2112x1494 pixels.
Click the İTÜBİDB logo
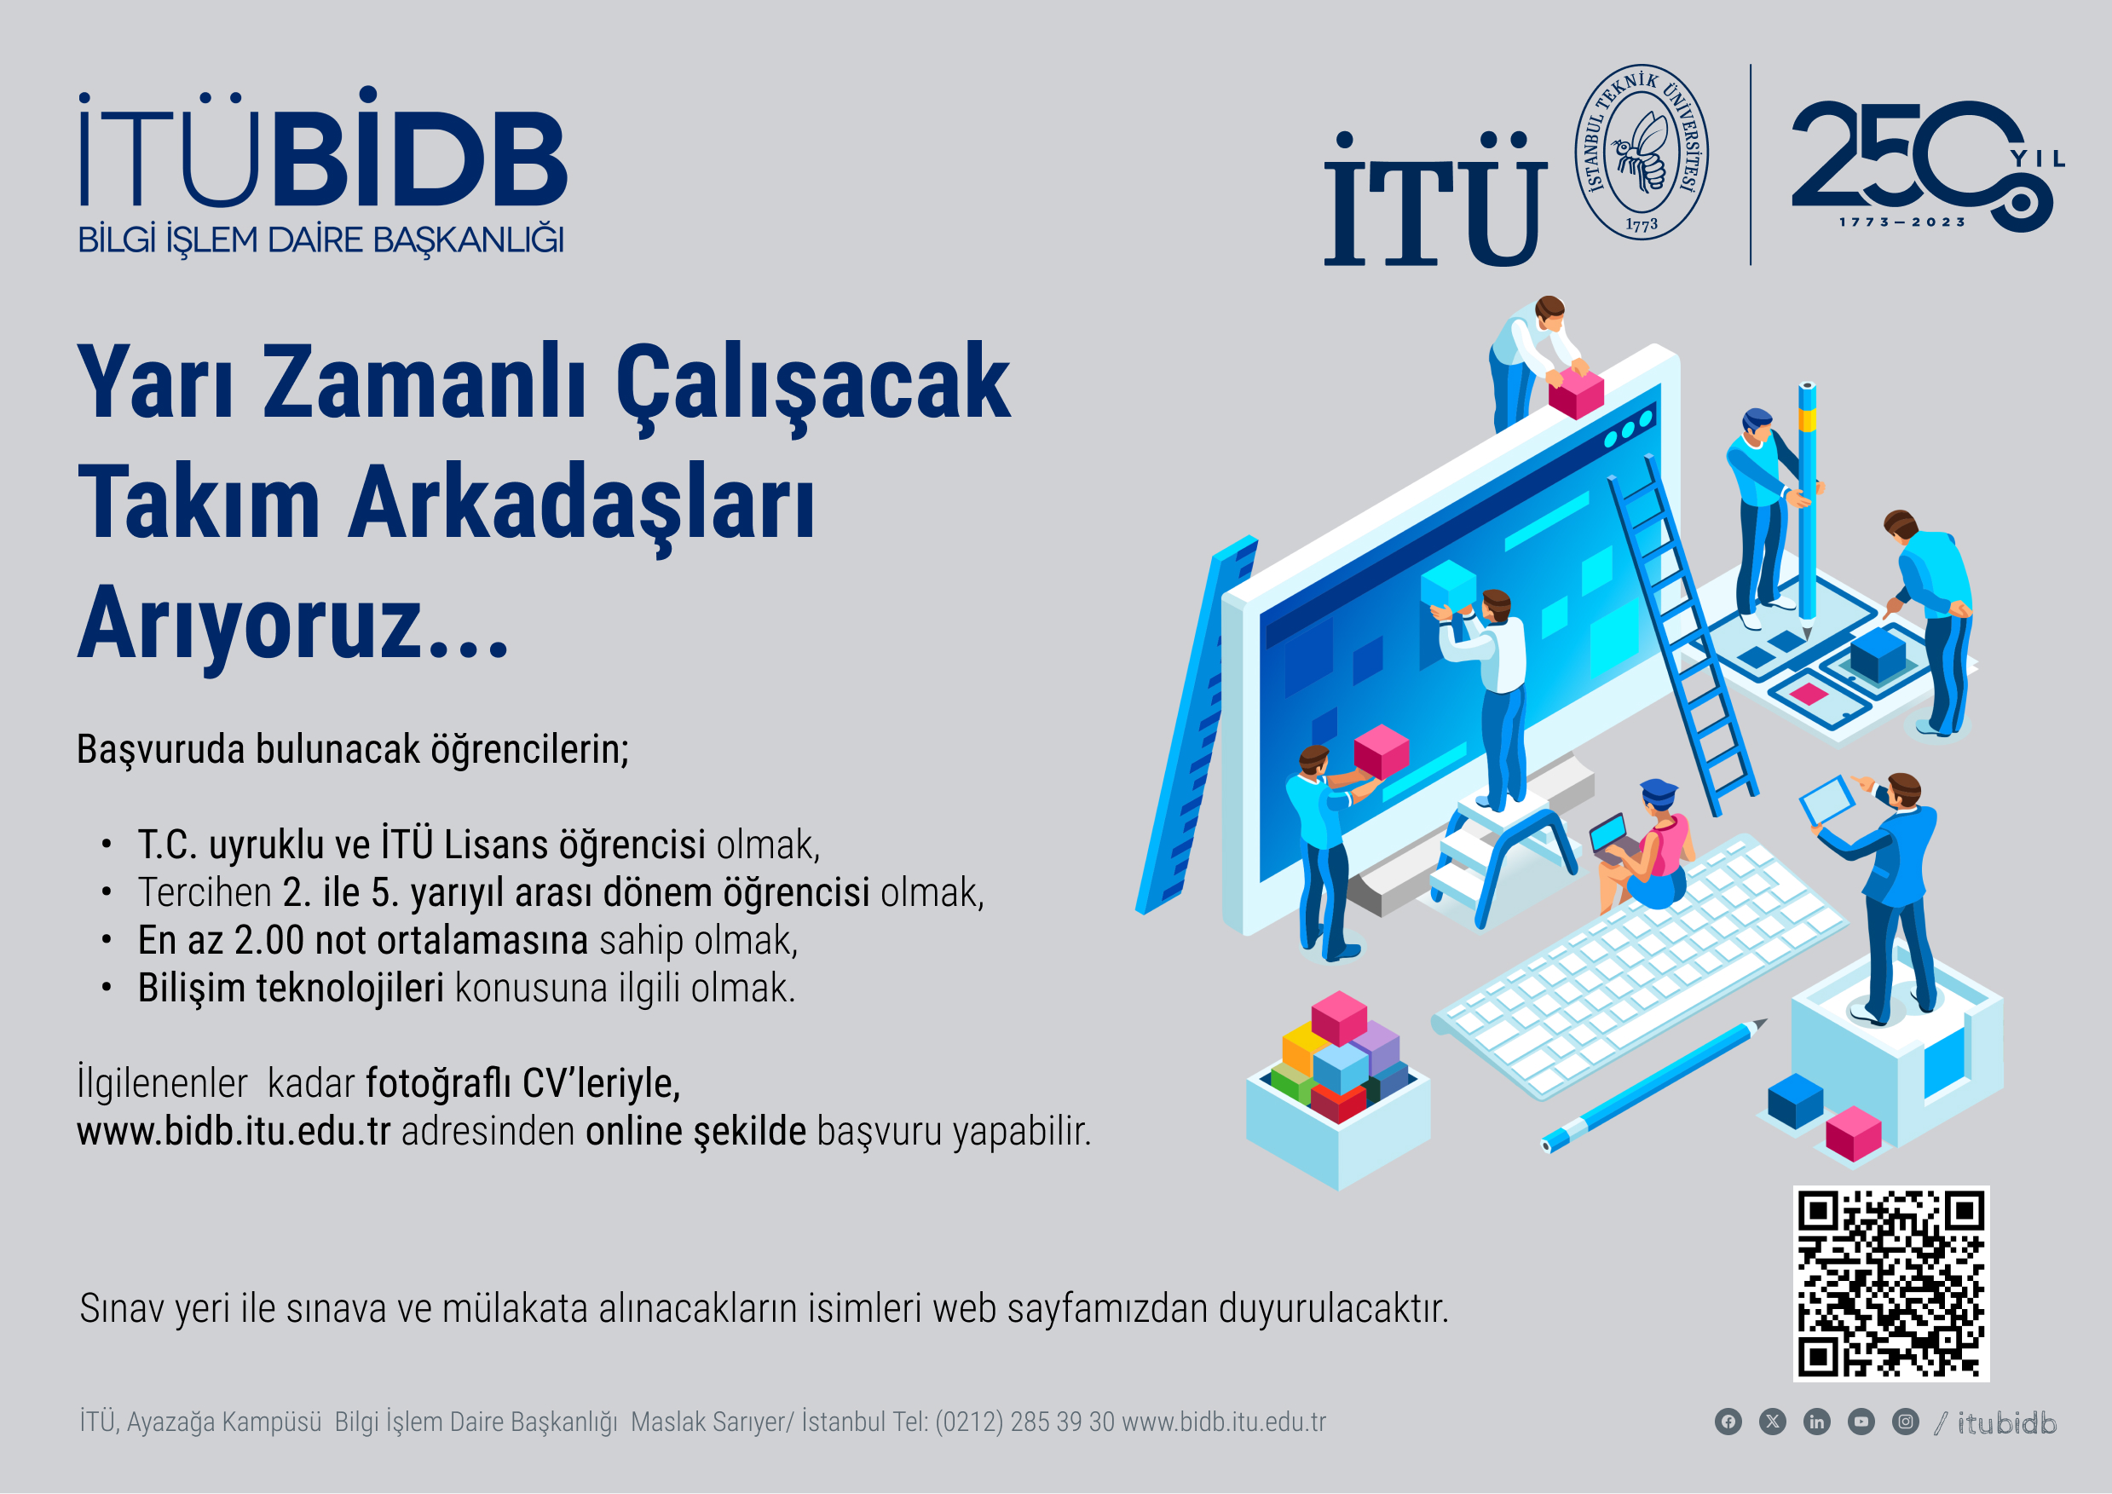tap(322, 172)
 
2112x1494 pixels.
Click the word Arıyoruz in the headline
tap(292, 626)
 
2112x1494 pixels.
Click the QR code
tap(1891, 1283)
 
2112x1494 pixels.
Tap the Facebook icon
tap(1728, 1422)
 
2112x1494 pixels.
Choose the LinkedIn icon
tap(1817, 1422)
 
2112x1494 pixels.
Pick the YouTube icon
tap(1861, 1422)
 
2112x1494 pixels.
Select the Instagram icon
tap(1905, 1422)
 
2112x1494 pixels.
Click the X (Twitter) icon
tap(1773, 1422)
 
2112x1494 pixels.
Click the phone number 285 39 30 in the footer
tap(1063, 1422)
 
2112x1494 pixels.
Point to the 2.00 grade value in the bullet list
tap(268, 941)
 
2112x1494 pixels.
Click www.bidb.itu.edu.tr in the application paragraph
tap(234, 1132)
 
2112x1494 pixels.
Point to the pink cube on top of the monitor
tap(1576, 392)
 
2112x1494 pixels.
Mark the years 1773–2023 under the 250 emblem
tap(1902, 222)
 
